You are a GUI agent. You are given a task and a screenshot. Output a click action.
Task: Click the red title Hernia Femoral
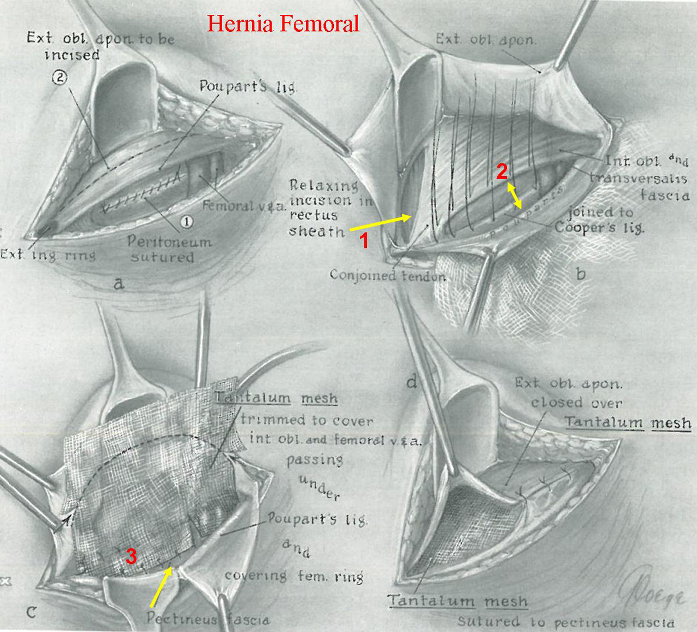[283, 23]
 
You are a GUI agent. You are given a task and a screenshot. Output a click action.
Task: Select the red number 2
[502, 172]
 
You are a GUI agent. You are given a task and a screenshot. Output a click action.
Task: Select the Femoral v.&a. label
[244, 206]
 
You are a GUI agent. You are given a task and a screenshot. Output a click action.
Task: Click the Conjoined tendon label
[387, 275]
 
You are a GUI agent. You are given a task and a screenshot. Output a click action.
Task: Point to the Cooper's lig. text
[599, 227]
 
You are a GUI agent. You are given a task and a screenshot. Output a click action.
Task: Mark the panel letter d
[412, 382]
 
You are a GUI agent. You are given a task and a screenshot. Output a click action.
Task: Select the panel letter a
[118, 284]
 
